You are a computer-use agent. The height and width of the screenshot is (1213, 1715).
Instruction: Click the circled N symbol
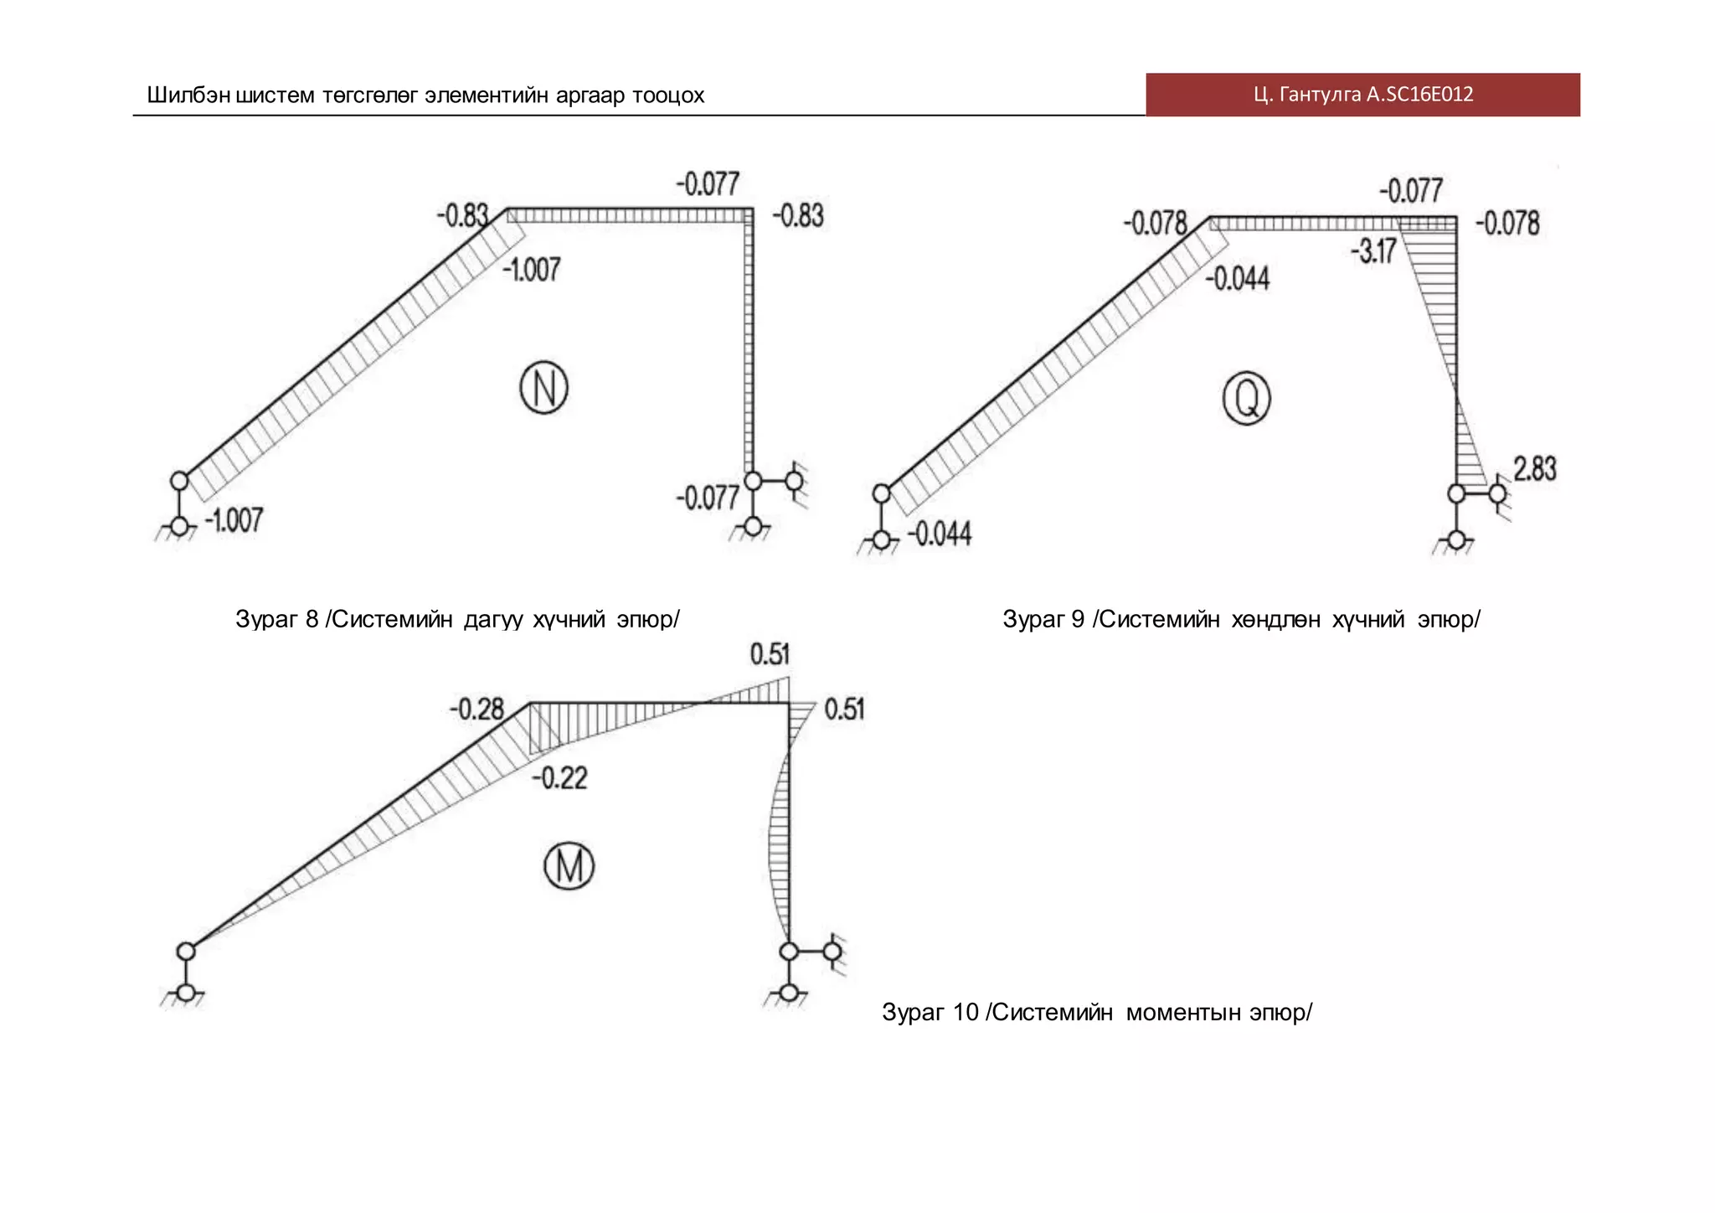pyautogui.click(x=544, y=388)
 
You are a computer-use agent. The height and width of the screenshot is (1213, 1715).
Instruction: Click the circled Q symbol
pyautogui.click(x=1246, y=398)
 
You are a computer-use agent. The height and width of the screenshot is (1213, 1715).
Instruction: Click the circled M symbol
pyautogui.click(x=569, y=866)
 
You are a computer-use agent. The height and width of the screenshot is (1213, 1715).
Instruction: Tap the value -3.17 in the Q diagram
pyautogui.click(x=1374, y=250)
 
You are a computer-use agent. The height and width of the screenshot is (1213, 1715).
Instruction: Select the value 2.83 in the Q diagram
pyautogui.click(x=1534, y=468)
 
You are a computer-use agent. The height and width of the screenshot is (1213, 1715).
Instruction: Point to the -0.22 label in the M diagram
pyautogui.click(x=559, y=778)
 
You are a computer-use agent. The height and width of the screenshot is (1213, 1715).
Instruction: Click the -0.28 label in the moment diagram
pyautogui.click(x=476, y=710)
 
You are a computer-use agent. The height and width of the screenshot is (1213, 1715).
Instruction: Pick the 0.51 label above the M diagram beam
pyautogui.click(x=770, y=654)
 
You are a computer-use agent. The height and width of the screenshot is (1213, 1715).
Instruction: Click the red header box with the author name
pyautogui.click(x=1362, y=95)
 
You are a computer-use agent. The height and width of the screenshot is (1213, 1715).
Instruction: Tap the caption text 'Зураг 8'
pyautogui.click(x=276, y=619)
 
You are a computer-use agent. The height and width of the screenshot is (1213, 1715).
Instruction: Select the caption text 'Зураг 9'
pyautogui.click(x=1043, y=619)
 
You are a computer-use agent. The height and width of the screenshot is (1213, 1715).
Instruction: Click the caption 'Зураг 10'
pyautogui.click(x=930, y=1012)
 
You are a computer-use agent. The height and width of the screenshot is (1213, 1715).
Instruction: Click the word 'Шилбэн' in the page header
pyautogui.click(x=188, y=95)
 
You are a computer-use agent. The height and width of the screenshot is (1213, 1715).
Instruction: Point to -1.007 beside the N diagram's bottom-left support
pyautogui.click(x=234, y=520)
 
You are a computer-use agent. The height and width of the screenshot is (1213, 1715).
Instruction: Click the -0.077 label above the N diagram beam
pyautogui.click(x=708, y=184)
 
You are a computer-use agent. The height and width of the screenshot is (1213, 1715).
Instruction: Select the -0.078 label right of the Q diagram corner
pyautogui.click(x=1507, y=224)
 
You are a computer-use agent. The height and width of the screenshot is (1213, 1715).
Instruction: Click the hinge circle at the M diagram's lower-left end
pyautogui.click(x=186, y=951)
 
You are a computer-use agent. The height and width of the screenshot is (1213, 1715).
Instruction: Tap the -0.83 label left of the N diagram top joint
pyautogui.click(x=461, y=215)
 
